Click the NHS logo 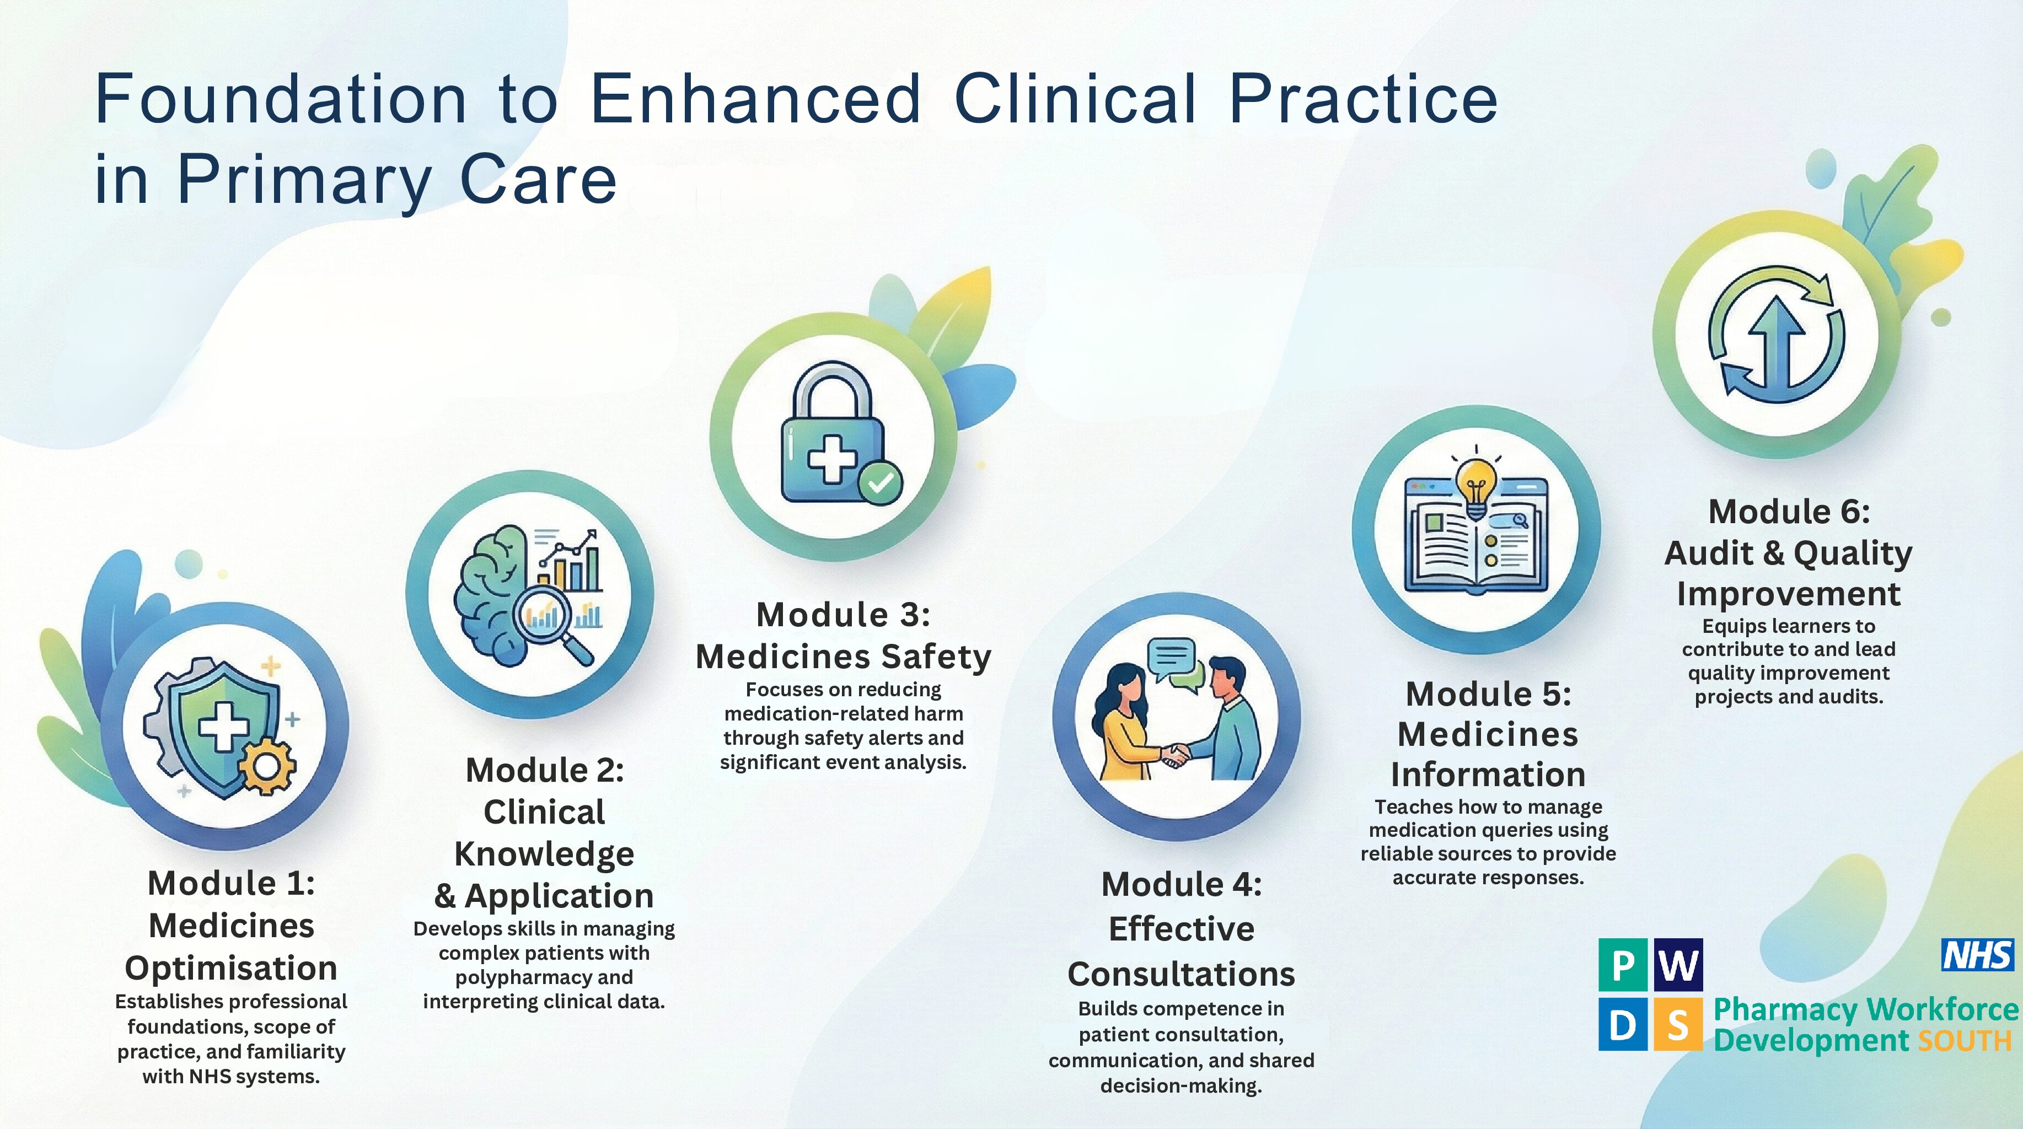1977,955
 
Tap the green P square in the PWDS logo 1623,965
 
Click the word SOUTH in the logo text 1965,1040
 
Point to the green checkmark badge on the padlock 879,482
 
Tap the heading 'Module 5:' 1488,694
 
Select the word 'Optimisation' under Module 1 231,969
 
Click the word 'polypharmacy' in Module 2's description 544,977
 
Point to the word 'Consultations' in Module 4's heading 1181,974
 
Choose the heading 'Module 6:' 1789,512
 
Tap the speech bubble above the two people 1171,658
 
